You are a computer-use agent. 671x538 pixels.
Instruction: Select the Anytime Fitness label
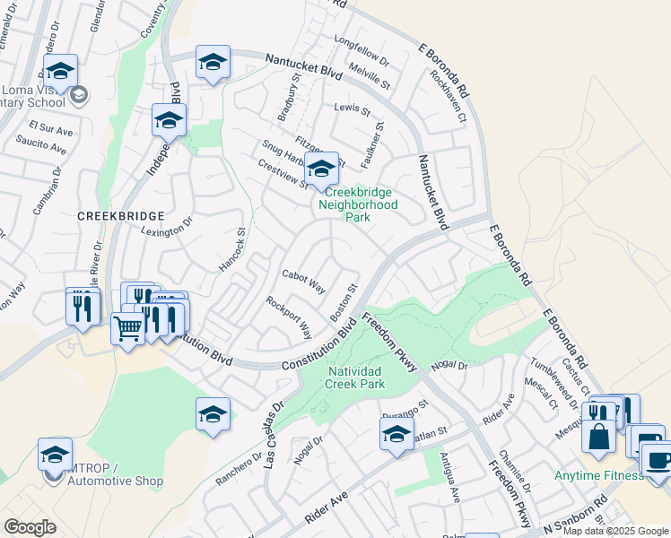click(x=598, y=474)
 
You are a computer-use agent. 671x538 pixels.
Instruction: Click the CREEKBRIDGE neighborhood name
click(x=120, y=216)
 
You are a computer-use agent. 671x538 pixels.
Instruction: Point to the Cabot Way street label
click(x=303, y=281)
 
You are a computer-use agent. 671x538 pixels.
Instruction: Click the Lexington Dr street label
click(x=168, y=229)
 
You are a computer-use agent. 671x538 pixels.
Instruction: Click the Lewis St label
click(x=352, y=109)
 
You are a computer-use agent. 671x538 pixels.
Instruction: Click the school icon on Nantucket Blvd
click(x=213, y=63)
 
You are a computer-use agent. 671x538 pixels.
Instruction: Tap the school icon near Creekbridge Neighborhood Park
click(x=320, y=168)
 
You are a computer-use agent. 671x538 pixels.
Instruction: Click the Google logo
click(x=30, y=527)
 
